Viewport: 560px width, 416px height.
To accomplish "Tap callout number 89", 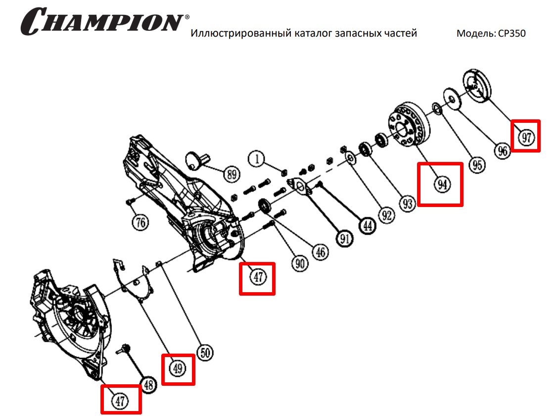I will point(231,174).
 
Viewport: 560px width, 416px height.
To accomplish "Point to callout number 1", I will point(257,159).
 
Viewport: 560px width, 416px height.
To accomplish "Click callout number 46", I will point(320,252).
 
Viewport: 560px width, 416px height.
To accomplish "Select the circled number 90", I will point(299,263).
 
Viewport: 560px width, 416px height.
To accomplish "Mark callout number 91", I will point(345,239).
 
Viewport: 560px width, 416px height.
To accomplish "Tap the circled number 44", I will point(367,226).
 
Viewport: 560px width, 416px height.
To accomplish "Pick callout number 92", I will point(386,215).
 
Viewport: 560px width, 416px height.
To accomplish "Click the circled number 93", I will point(407,204).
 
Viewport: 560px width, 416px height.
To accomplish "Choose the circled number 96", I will point(503,151).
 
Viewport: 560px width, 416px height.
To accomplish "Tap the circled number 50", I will point(205,353).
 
